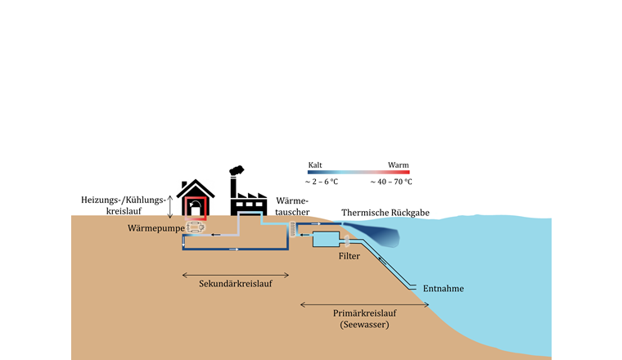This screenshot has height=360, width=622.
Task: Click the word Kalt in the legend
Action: pos(314,164)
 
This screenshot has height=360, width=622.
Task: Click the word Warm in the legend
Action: pos(399,164)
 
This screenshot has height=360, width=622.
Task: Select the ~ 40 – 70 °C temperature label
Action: pos(391,182)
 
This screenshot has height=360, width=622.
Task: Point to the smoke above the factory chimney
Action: pos(237,171)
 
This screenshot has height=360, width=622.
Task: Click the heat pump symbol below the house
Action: pos(195,227)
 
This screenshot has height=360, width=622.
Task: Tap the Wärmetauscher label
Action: pos(292,206)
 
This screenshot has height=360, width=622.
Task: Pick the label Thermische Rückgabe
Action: pos(385,213)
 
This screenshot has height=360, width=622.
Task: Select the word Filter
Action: pos(349,256)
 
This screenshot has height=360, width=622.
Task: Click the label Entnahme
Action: pos(444,288)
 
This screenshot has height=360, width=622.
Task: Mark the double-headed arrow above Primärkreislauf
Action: pos(354,304)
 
